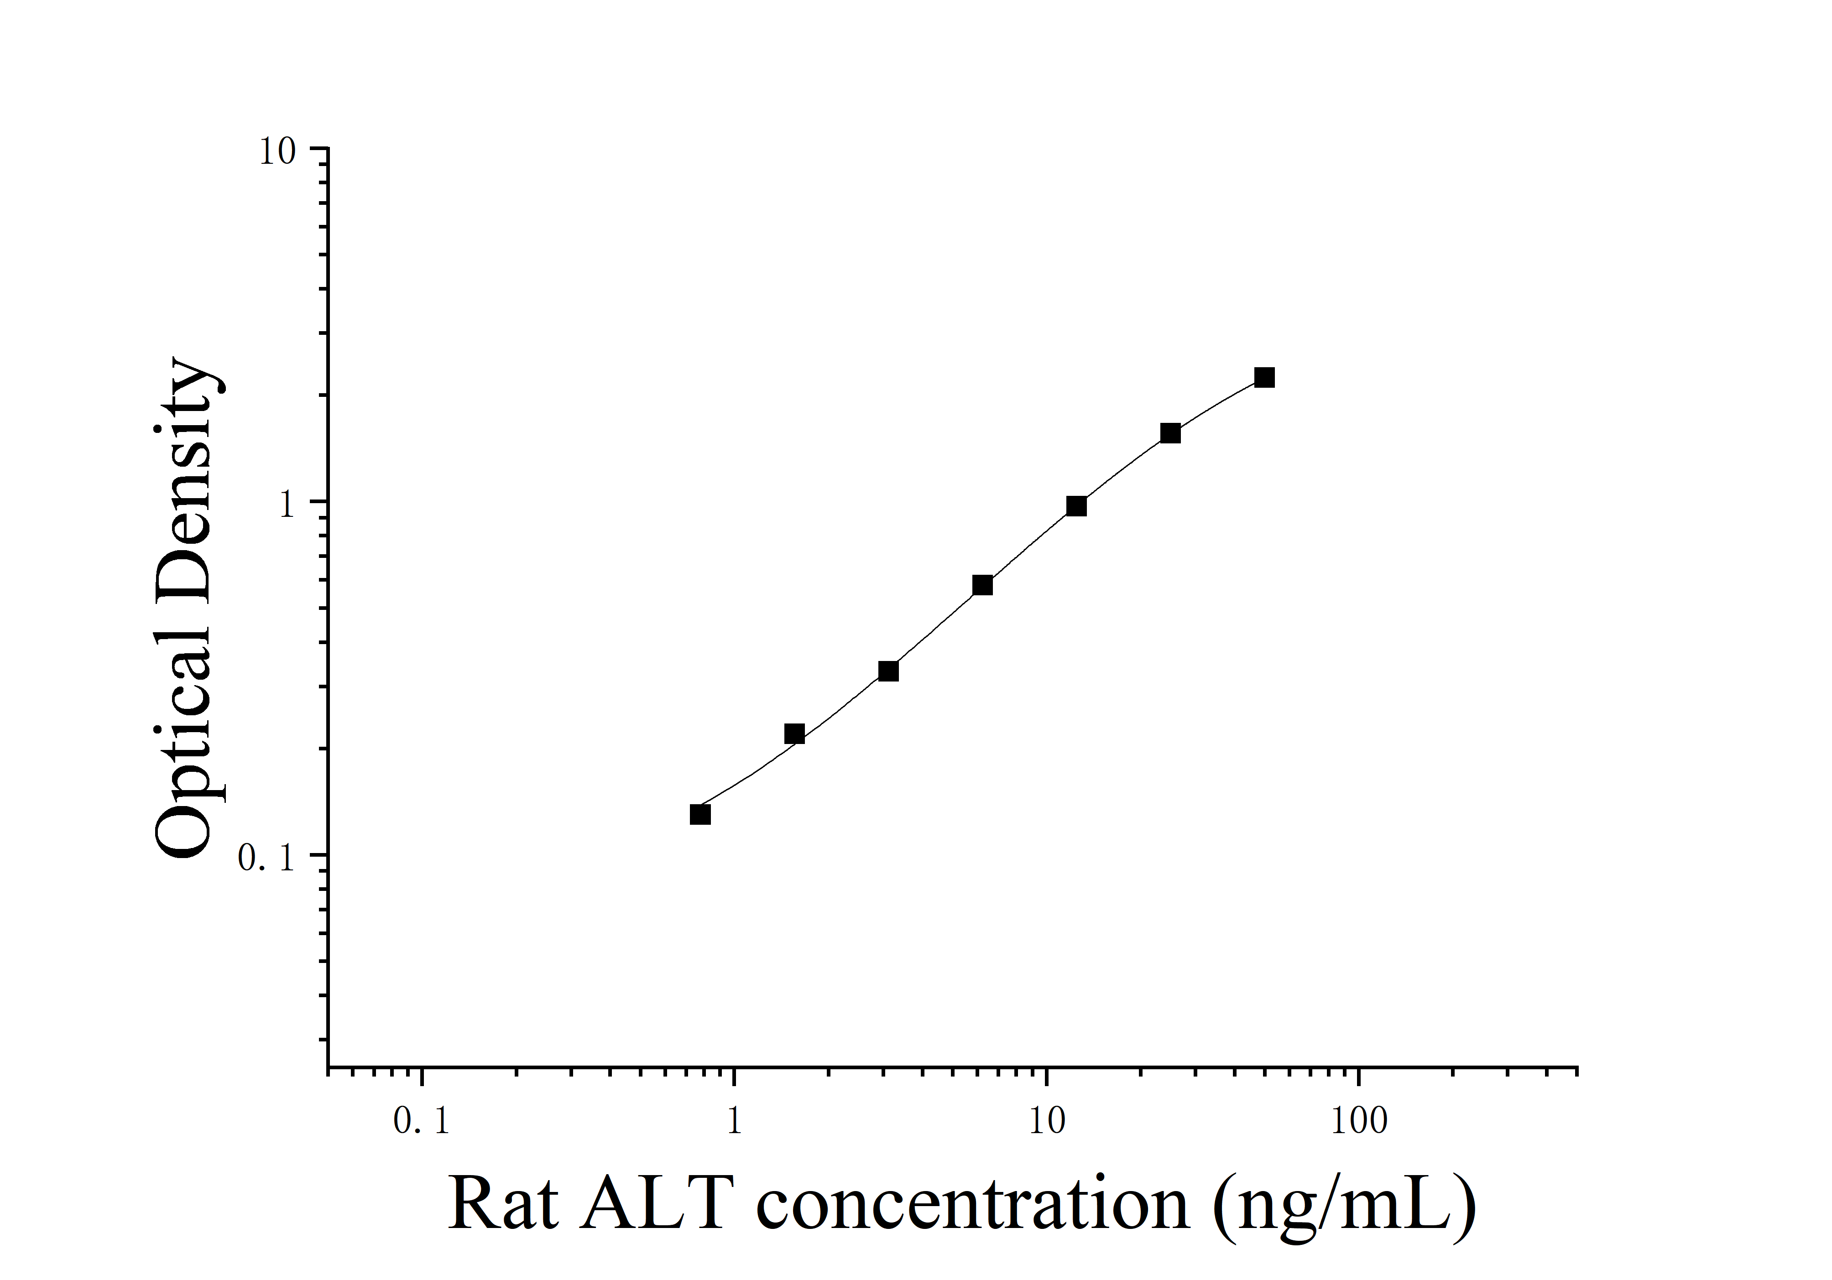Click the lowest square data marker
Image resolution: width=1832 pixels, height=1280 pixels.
coord(700,814)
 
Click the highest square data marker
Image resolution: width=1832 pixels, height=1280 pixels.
coord(1264,377)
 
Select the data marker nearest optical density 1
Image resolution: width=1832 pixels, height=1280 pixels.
coord(1076,506)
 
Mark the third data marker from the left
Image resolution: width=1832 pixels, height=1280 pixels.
coord(888,671)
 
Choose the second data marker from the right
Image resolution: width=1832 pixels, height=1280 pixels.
coord(1170,433)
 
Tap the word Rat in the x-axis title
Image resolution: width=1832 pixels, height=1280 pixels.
coord(503,1204)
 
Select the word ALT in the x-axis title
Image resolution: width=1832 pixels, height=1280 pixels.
coord(655,1204)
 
